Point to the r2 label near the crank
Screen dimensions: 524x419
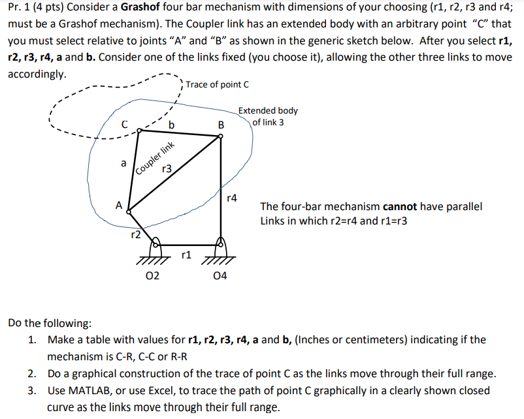135,234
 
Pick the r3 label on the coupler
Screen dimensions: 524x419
166,169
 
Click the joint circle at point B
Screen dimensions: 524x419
220,136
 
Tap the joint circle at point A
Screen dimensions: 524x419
128,211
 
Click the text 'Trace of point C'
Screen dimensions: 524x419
217,85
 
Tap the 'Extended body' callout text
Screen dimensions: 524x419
268,111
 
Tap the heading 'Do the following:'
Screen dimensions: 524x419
50,323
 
